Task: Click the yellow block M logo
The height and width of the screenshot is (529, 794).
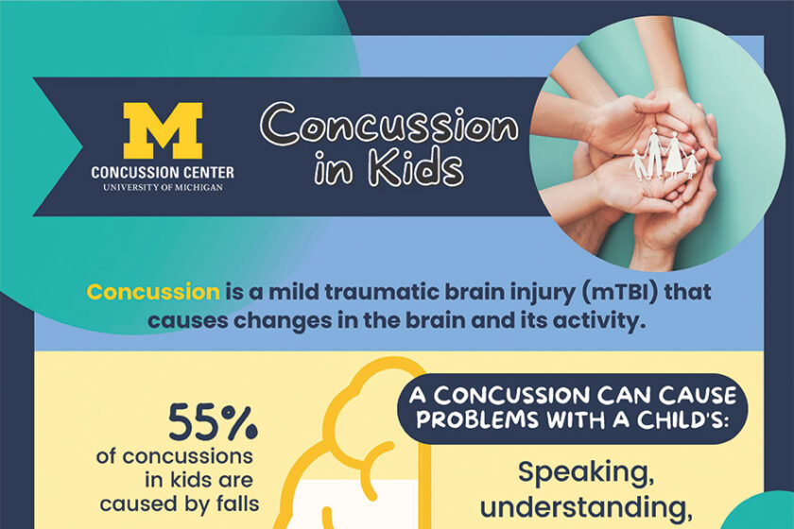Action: click(163, 130)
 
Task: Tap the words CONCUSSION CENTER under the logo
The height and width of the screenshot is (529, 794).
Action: click(163, 173)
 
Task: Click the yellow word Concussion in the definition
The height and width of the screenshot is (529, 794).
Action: click(153, 292)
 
